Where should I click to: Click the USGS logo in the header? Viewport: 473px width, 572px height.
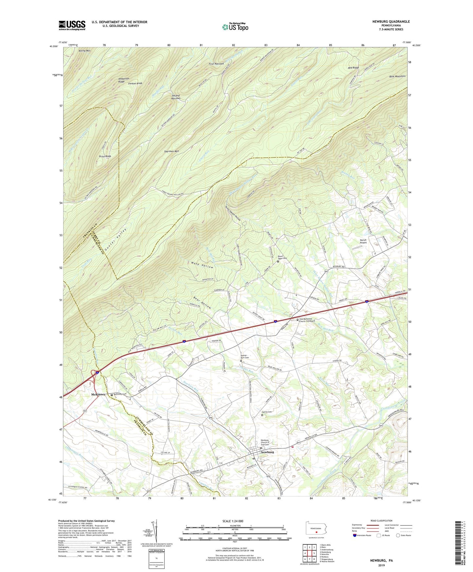point(72,25)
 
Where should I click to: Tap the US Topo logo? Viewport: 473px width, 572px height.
point(235,27)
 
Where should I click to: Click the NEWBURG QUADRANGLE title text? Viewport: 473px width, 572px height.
point(391,22)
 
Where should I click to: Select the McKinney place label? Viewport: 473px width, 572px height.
point(98,394)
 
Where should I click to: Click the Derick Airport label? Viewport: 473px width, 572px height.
point(363,241)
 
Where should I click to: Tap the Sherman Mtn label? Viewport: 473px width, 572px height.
point(172,151)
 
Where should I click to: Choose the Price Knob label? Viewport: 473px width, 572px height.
point(105,156)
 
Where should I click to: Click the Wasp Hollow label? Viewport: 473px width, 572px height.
point(202,265)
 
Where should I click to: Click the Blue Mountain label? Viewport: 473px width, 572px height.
point(397,76)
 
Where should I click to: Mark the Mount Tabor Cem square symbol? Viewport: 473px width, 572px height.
point(278,261)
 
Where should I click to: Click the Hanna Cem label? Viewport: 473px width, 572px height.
point(267,412)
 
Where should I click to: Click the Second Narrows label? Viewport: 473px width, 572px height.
point(176,97)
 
